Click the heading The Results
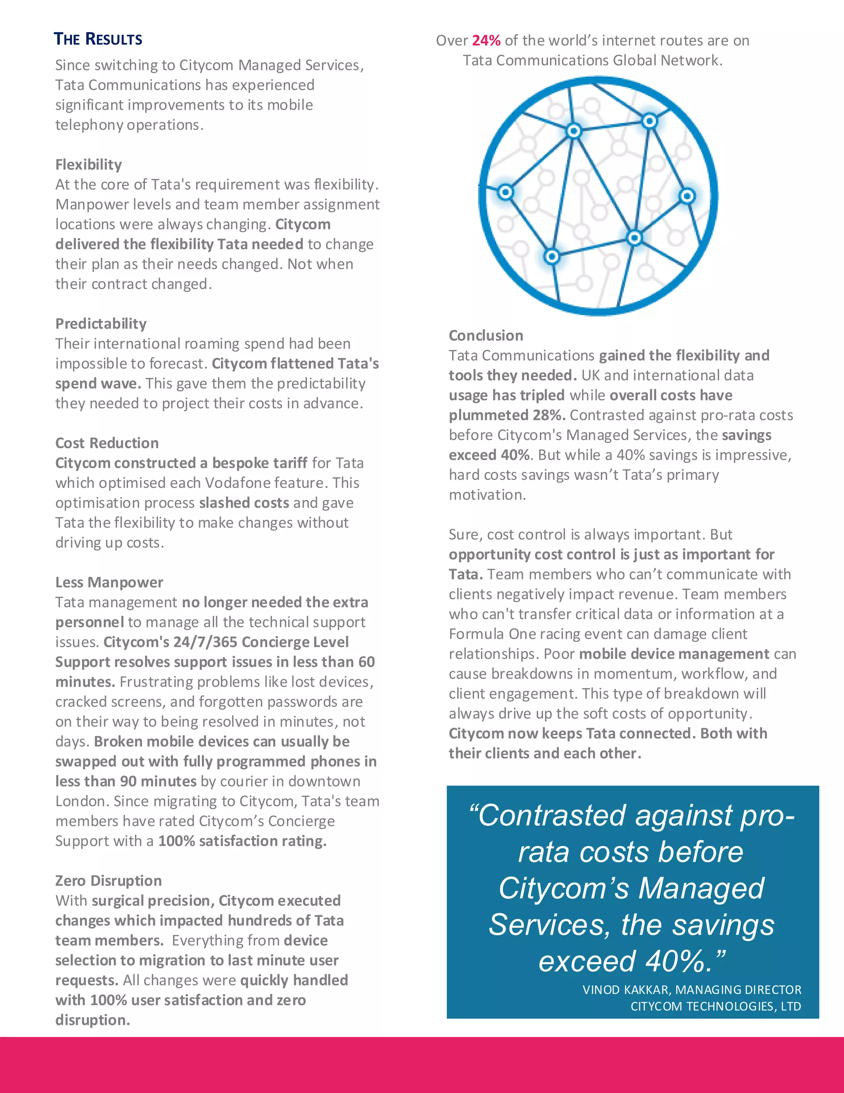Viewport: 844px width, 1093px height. [x=98, y=39]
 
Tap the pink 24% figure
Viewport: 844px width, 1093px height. [x=486, y=40]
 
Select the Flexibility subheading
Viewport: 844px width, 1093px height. [x=89, y=165]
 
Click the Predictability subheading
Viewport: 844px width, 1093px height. [x=101, y=324]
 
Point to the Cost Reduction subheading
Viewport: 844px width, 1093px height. [x=107, y=443]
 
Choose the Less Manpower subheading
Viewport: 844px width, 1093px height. [x=109, y=582]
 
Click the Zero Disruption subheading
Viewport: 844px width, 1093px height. [x=108, y=881]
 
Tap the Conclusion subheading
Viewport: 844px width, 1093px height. [x=485, y=335]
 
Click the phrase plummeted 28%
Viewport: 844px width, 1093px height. [x=506, y=415]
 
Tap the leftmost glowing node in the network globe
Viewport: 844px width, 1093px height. [x=506, y=192]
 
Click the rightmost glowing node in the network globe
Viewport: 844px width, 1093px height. [x=687, y=196]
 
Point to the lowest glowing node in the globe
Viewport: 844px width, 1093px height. [x=552, y=257]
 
